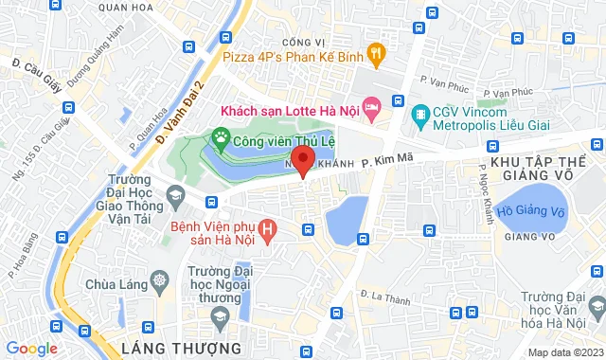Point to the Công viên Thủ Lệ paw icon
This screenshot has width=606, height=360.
[x=220, y=139]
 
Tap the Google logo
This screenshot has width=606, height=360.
[x=30, y=348]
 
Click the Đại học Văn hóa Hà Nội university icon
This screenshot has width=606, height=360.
[x=595, y=305]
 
